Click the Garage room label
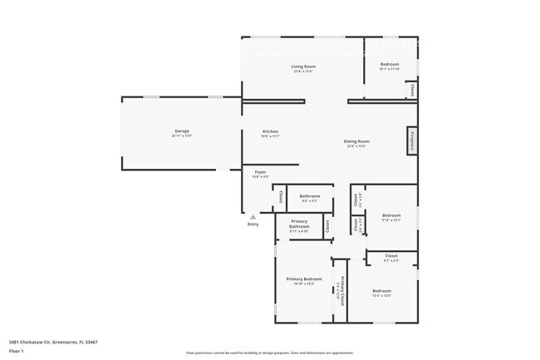click(183, 131)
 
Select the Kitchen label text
click(270, 131)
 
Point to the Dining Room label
click(357, 141)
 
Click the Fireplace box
click(410, 141)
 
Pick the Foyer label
click(260, 171)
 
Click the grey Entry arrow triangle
click(253, 217)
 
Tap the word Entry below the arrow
click(253, 224)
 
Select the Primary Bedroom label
click(304, 279)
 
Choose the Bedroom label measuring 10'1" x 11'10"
click(390, 65)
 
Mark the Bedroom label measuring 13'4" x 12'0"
click(381, 291)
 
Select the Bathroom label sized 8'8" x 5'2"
click(310, 196)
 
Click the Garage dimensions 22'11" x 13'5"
click(183, 136)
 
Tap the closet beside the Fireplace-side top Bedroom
click(410, 87)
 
